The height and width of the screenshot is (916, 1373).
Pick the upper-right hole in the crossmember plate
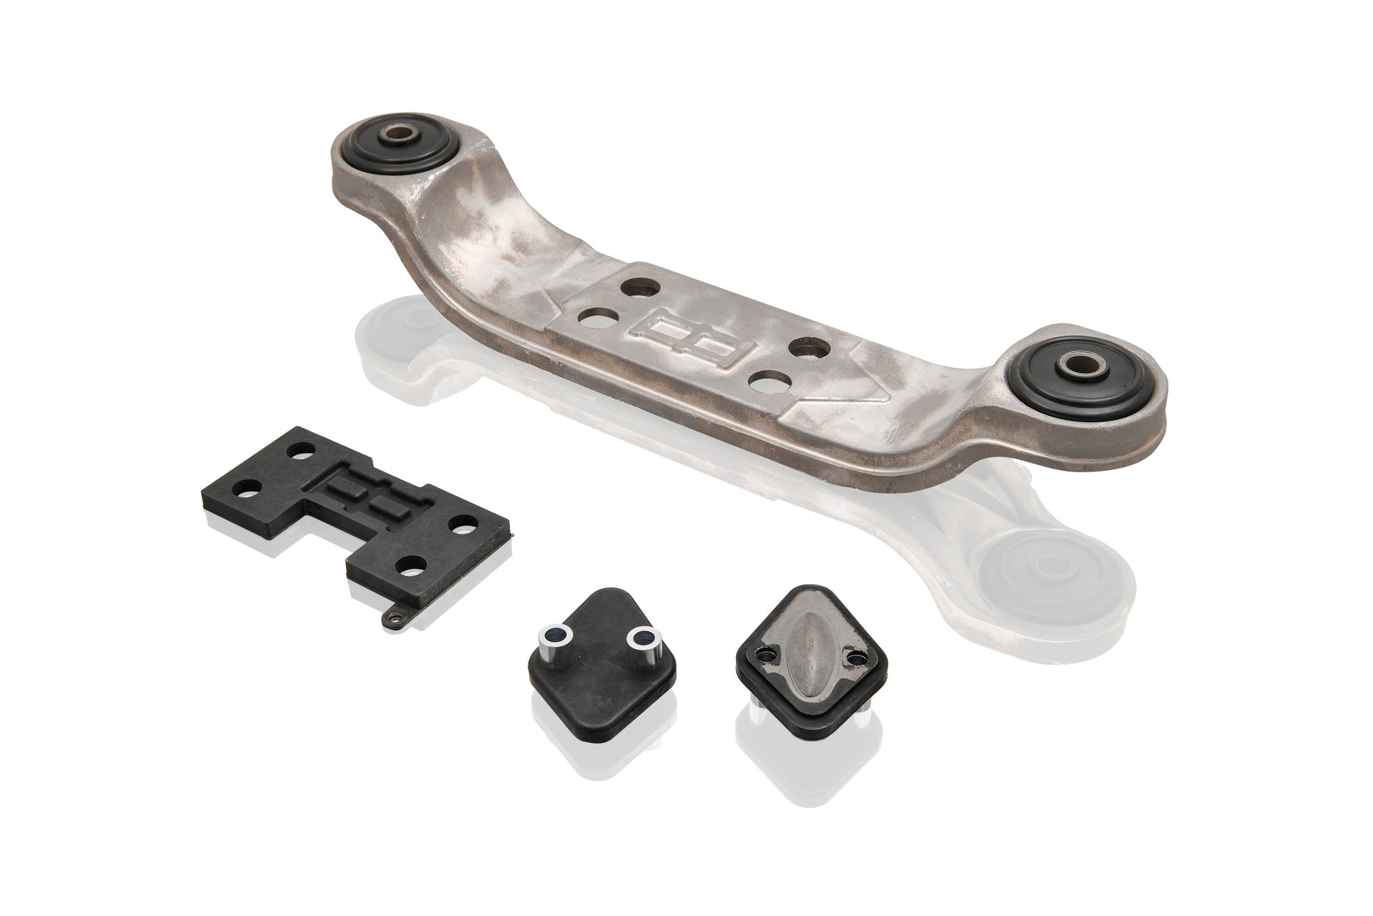(x=812, y=349)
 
